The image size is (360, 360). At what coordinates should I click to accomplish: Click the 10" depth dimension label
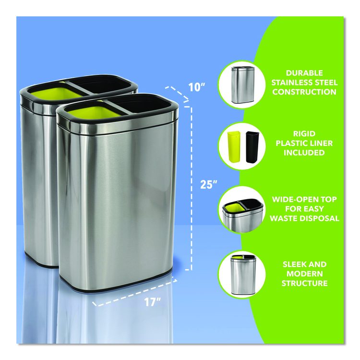point(196,87)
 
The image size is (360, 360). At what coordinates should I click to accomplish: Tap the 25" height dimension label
point(209,184)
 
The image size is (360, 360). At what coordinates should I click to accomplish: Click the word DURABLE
point(304,73)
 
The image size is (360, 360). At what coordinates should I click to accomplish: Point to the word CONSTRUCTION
point(304,92)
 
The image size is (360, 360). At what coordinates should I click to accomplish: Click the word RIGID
point(304,133)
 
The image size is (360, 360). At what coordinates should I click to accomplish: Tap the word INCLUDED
point(304,153)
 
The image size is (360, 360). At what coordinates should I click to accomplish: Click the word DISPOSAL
point(321,218)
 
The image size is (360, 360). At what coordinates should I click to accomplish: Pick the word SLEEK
point(292,264)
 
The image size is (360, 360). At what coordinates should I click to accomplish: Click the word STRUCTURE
point(304,283)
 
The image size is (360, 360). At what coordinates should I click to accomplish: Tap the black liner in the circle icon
point(252,147)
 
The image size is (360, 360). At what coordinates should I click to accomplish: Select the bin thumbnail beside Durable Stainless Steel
point(242,85)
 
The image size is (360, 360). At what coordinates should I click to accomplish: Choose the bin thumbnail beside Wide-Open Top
point(242,216)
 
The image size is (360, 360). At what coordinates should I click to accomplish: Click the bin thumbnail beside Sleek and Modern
point(242,275)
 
